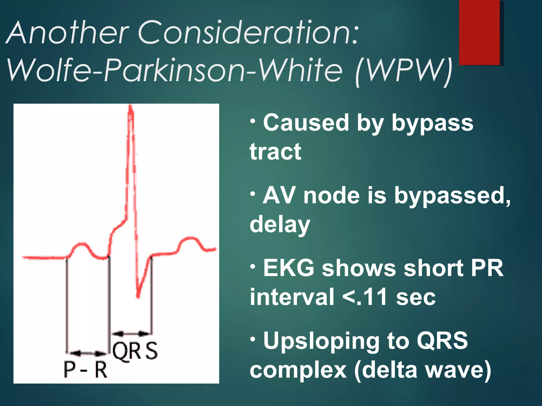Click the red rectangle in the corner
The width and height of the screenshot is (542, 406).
[x=479, y=32]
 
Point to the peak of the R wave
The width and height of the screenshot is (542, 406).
[x=130, y=107]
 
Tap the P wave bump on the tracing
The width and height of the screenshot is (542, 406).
[x=82, y=244]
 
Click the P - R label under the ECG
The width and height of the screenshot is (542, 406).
[x=85, y=370]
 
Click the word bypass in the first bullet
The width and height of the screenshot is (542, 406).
[x=432, y=124]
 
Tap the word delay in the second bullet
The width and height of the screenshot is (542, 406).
[x=280, y=225]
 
